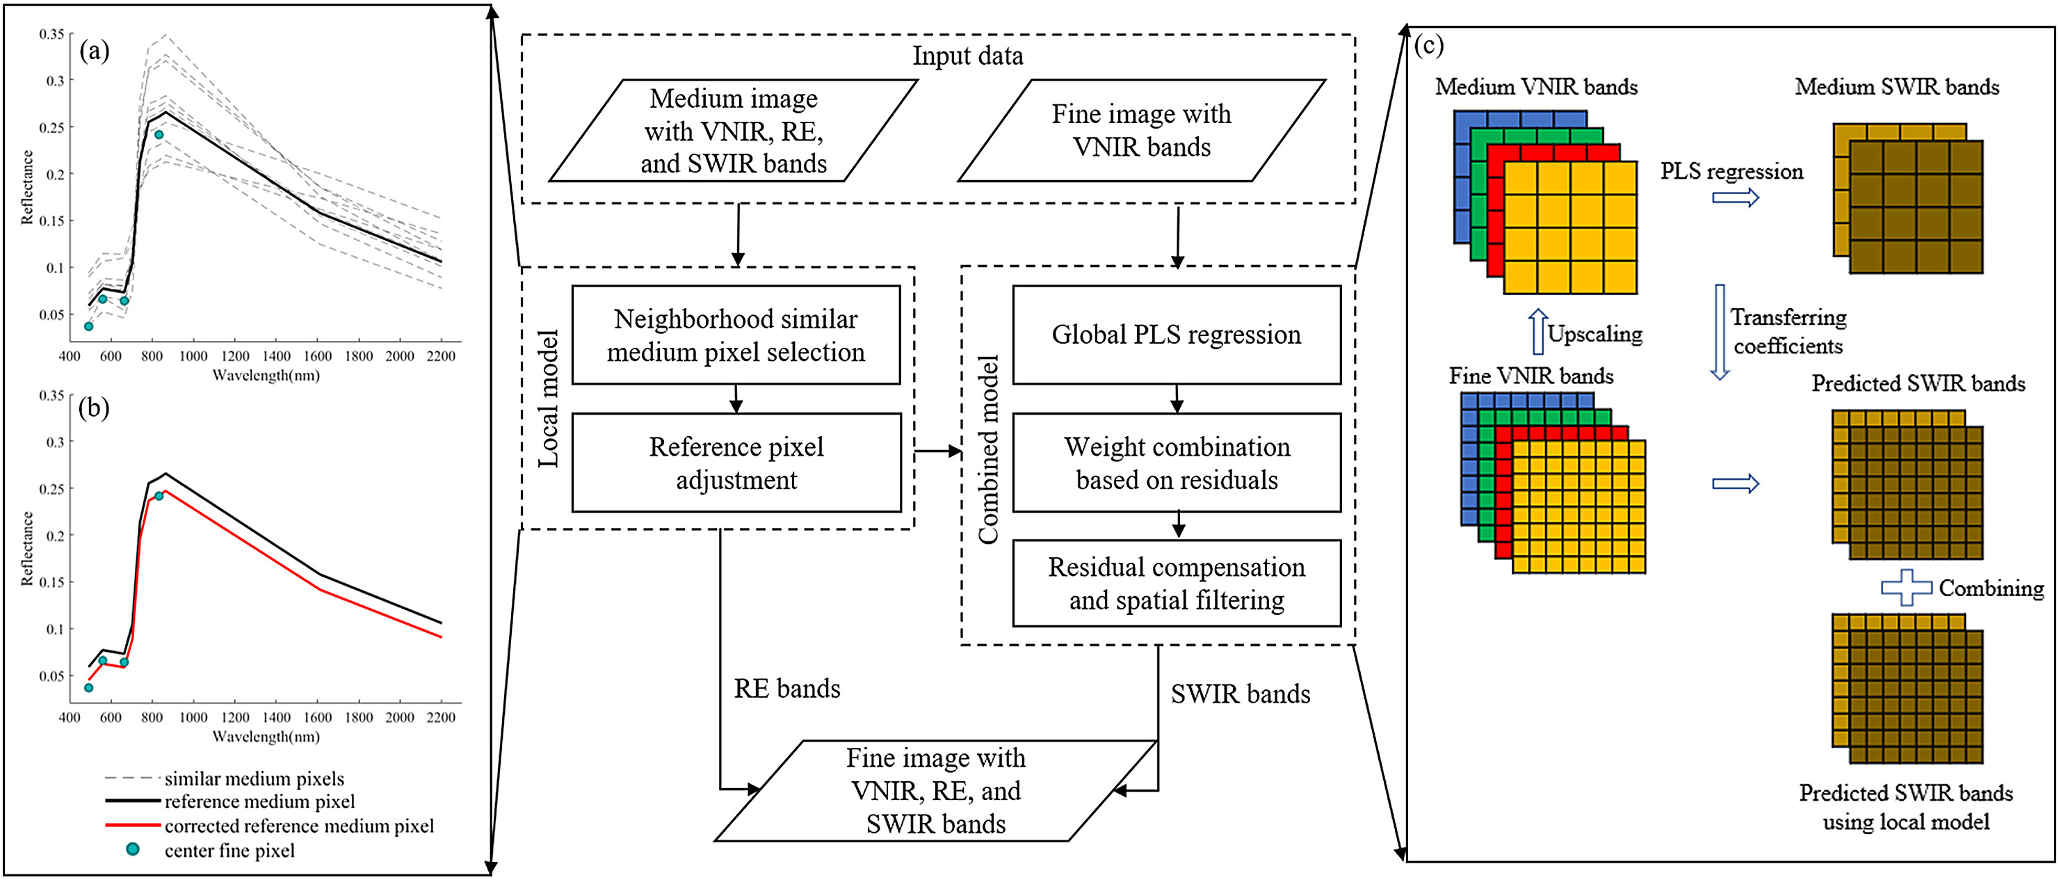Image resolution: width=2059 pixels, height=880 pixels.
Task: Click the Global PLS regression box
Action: click(1176, 335)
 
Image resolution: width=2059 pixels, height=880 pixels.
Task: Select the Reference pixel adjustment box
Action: click(736, 463)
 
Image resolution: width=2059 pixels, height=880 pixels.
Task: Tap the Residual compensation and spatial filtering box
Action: click(1176, 584)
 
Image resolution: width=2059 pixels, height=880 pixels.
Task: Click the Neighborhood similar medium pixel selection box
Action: click(736, 335)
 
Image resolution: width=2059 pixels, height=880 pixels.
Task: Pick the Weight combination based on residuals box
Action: click(1176, 463)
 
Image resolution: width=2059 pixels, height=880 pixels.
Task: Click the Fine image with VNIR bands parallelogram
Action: click(1141, 130)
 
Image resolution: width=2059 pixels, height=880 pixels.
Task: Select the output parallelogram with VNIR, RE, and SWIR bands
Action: click(935, 790)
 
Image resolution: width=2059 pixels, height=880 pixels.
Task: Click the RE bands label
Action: click(786, 688)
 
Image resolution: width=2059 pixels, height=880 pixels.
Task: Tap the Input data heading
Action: click(967, 56)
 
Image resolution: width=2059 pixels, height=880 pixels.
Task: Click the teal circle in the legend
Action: click(133, 849)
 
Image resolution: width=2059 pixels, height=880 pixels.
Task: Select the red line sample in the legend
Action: click(132, 825)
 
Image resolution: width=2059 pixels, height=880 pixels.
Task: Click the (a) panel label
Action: click(95, 51)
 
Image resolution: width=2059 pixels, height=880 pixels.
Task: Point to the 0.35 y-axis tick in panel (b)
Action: click(51, 396)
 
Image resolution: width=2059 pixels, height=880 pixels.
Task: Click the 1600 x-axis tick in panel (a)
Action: click(317, 356)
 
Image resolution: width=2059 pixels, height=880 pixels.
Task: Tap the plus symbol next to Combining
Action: click(1905, 587)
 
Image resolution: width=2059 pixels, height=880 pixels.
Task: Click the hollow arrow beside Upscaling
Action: click(1537, 332)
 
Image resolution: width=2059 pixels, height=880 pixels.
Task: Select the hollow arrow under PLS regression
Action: click(1735, 197)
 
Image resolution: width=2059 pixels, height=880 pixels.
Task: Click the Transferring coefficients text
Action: click(1788, 332)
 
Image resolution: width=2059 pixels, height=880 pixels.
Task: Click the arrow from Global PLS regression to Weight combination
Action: click(1176, 399)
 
